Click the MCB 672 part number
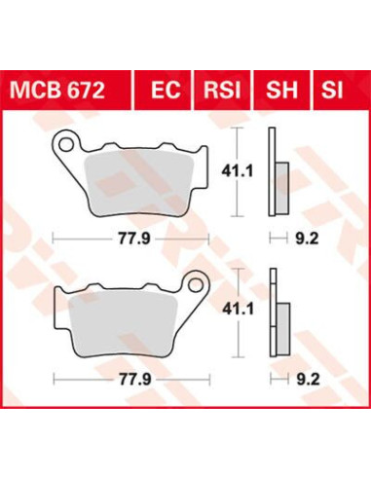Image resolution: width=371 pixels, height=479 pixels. pyautogui.click(x=57, y=91)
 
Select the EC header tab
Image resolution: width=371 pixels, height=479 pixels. pyautogui.click(x=166, y=91)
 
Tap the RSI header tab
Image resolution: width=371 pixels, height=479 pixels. pyautogui.click(x=222, y=91)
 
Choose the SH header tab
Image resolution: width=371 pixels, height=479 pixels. pyautogui.click(x=281, y=91)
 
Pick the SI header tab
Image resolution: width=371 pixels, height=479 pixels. pyautogui.click(x=332, y=91)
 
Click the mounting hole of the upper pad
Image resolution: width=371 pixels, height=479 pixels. pyautogui.click(x=66, y=144)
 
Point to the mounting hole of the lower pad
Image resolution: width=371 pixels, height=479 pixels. pyautogui.click(x=196, y=285)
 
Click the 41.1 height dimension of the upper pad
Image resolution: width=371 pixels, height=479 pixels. pyautogui.click(x=237, y=171)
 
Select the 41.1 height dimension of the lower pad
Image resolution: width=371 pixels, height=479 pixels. pyautogui.click(x=238, y=309)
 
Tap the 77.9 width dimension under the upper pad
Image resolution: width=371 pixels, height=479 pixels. pyautogui.click(x=133, y=239)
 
